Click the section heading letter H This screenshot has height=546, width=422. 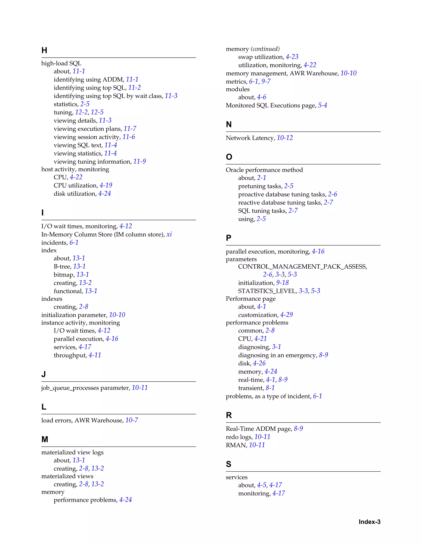pyautogui.click(x=44, y=50)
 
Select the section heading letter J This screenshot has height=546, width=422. pyautogui.click(x=43, y=374)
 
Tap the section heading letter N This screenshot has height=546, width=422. pyautogui.click(x=229, y=124)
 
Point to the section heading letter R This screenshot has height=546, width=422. pyautogui.click(x=229, y=415)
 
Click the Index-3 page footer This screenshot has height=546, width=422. pyautogui.click(x=369, y=522)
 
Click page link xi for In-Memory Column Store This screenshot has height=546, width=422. pyautogui.click(x=169, y=234)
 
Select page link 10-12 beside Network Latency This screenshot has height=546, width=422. pyautogui.click(x=285, y=138)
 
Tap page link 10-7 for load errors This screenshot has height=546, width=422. pyautogui.click(x=131, y=420)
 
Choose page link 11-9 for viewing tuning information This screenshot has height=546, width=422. pyautogui.click(x=139, y=162)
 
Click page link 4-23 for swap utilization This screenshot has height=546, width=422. pyautogui.click(x=292, y=57)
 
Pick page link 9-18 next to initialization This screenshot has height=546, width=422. pyautogui.click(x=282, y=282)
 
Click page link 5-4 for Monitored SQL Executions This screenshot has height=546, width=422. pyautogui.click(x=322, y=105)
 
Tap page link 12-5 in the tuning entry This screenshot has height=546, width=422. pyautogui.click(x=97, y=112)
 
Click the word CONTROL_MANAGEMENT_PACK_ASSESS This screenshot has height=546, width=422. pyautogui.click(x=302, y=266)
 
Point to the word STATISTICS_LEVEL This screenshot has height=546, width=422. pyautogui.click(x=267, y=291)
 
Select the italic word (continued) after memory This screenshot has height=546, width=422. pyautogui.click(x=265, y=49)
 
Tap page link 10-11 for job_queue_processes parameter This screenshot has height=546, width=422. pyautogui.click(x=140, y=388)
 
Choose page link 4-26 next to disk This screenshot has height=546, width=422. pyautogui.click(x=259, y=363)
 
